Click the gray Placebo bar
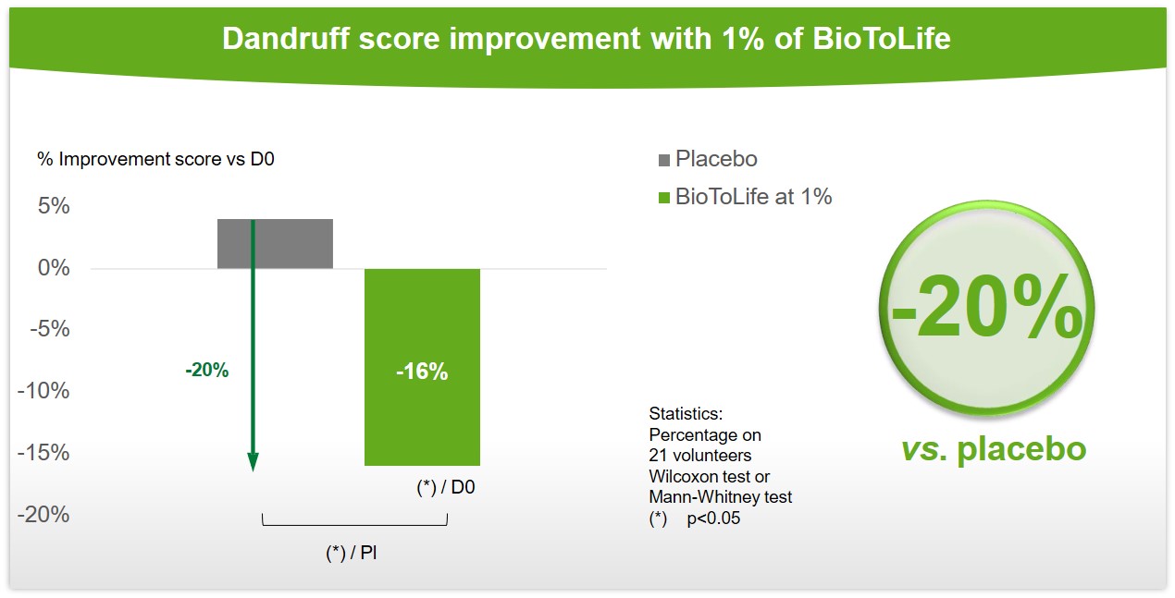click(x=275, y=244)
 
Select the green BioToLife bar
click(x=422, y=367)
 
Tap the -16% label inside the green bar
click(x=422, y=372)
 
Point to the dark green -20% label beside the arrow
click(x=207, y=370)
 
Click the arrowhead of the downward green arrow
click(x=253, y=461)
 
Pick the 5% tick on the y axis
click(x=54, y=206)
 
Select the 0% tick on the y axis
click(x=54, y=268)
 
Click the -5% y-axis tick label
click(x=50, y=329)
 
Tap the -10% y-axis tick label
click(x=43, y=391)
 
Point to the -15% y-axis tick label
click(x=43, y=453)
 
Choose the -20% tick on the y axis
click(x=43, y=515)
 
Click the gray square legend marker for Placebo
click(x=664, y=160)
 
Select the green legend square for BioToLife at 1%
click(x=664, y=198)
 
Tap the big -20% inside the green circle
click(x=987, y=308)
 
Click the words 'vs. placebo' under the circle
click(x=994, y=449)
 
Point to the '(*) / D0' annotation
click(x=445, y=487)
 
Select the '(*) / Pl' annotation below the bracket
click(x=351, y=553)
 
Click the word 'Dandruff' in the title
click(x=285, y=39)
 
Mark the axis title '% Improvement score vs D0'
click(x=155, y=159)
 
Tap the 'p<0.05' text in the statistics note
click(x=713, y=519)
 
